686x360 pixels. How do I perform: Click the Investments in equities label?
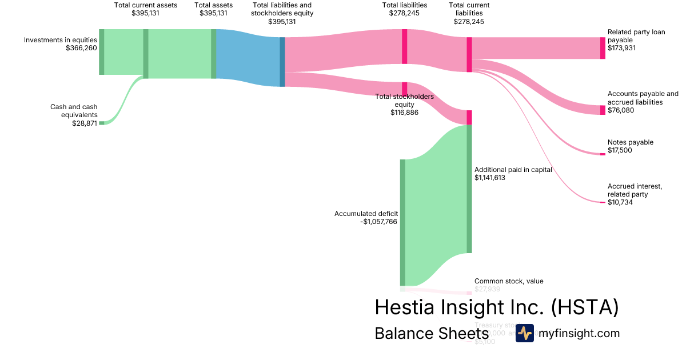tap(61, 40)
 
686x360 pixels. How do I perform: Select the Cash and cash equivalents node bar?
tap(102, 123)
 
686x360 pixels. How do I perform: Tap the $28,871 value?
tap(84, 123)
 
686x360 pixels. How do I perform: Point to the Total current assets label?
tap(146, 5)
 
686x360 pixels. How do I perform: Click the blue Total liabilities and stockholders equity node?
tap(282, 62)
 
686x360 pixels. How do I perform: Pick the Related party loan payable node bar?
tap(603, 48)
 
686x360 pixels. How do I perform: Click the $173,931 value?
tap(621, 48)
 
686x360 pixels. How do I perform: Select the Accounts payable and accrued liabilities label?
tap(643, 98)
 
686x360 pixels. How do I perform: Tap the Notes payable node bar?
tap(603, 154)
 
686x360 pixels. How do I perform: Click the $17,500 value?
tap(620, 150)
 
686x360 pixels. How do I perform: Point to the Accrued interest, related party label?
tap(635, 190)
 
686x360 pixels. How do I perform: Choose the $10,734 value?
tap(620, 202)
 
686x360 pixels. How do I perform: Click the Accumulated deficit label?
tap(366, 214)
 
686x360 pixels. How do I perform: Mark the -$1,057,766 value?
tap(378, 222)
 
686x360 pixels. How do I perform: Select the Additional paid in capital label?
tap(513, 170)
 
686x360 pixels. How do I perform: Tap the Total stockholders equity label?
tap(404, 101)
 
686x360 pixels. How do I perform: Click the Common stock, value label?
tap(509, 281)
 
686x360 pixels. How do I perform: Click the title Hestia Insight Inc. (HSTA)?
tap(497, 307)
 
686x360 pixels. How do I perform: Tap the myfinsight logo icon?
tap(524, 333)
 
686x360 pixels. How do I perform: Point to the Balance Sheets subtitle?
tap(431, 333)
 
